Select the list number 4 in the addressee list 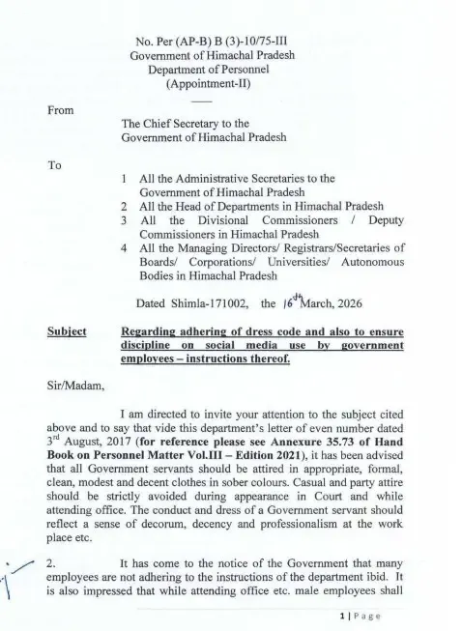(126, 247)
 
